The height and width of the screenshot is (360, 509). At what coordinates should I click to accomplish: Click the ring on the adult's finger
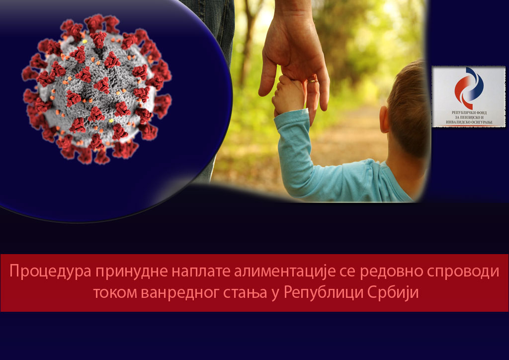313,79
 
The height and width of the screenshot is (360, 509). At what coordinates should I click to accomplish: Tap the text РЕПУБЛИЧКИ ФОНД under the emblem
468,113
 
